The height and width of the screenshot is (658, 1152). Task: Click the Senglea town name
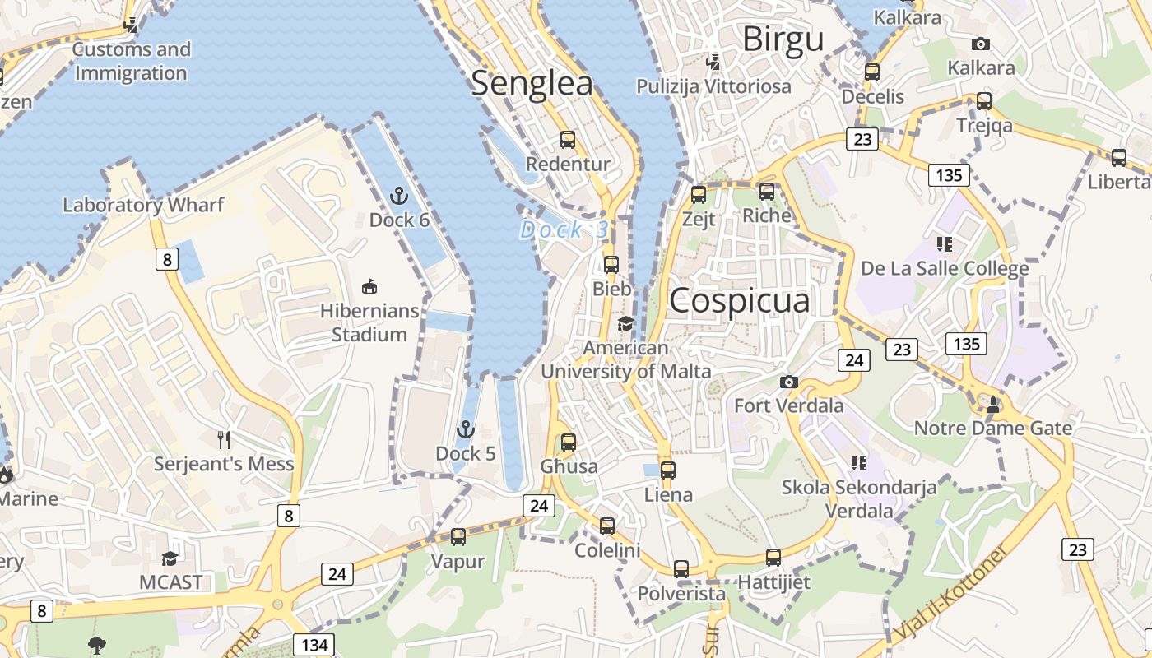(532, 84)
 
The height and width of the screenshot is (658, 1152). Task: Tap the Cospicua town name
(739, 301)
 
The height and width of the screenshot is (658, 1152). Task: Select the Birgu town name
(783, 39)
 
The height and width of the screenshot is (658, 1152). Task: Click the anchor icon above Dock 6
(399, 196)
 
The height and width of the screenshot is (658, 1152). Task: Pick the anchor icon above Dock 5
(466, 429)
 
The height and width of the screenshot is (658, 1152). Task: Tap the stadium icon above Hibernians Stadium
(369, 286)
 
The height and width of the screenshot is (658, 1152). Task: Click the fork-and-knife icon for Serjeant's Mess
(223, 440)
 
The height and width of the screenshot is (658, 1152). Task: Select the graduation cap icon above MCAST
(170, 558)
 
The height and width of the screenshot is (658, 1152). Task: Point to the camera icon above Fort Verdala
(788, 382)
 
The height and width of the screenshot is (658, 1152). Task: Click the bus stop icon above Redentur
(568, 140)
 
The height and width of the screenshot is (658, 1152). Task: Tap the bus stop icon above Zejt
(699, 195)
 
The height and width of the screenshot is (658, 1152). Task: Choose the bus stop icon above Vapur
(458, 537)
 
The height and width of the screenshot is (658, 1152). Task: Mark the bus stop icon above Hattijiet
(773, 558)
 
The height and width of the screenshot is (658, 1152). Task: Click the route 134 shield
(314, 644)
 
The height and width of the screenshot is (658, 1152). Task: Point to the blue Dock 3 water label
(564, 230)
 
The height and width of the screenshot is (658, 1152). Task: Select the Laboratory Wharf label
(143, 205)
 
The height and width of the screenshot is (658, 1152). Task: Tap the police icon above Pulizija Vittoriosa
(713, 62)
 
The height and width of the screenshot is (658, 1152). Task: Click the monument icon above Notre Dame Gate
(993, 404)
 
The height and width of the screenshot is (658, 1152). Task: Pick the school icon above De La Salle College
(944, 244)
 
